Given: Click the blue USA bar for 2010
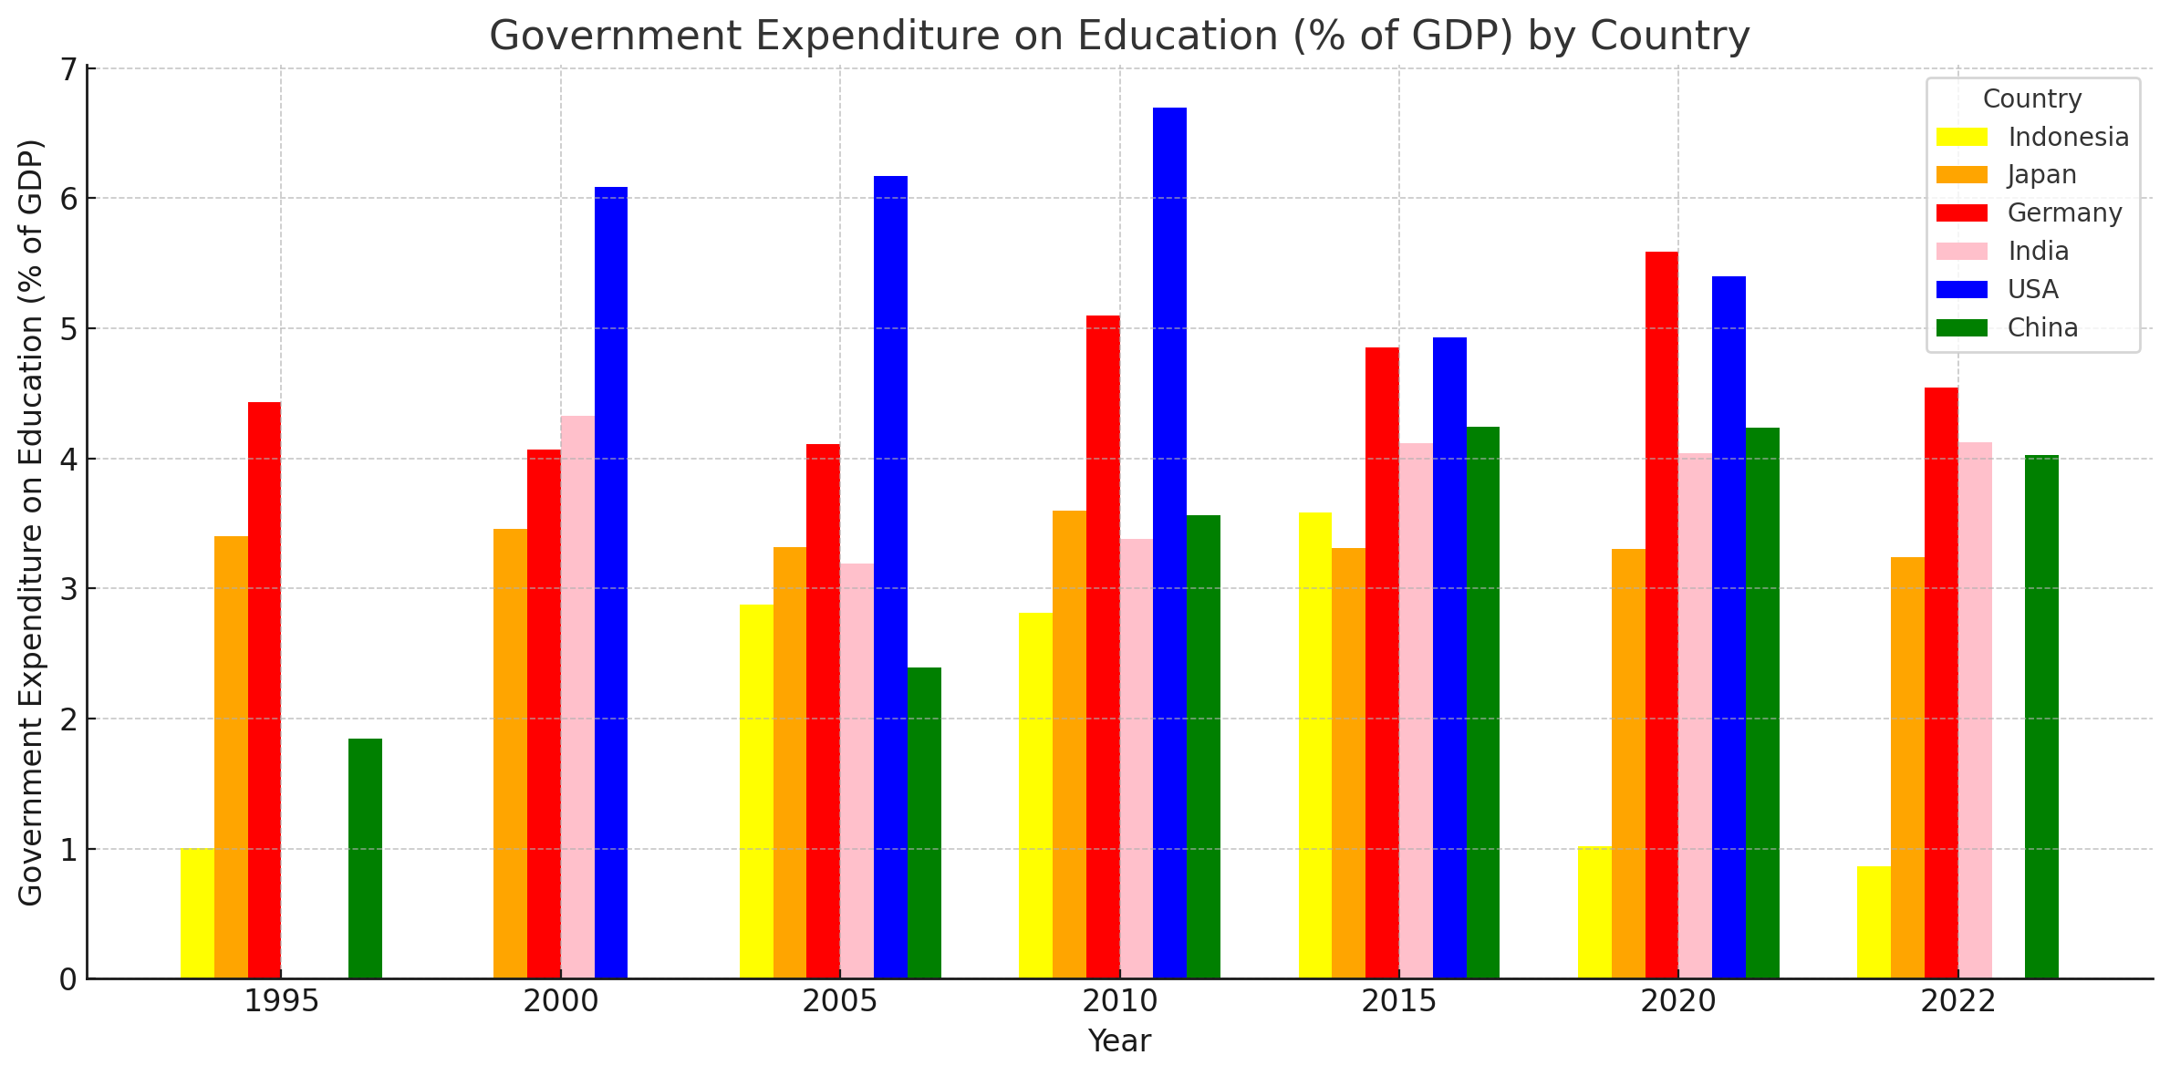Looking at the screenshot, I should pos(1169,543).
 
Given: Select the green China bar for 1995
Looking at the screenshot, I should pos(365,858).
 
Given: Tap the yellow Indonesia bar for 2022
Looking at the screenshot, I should pos(1874,922).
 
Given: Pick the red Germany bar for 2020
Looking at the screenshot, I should pos(1661,615).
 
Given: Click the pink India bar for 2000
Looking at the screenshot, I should pos(577,697).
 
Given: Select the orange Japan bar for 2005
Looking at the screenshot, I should pos(790,762).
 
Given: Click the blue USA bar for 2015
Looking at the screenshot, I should pos(1449,657).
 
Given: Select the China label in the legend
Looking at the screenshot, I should pos(2042,327).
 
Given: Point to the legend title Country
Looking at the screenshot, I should pos(2032,98).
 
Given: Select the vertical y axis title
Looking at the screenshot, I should pos(31,522).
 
